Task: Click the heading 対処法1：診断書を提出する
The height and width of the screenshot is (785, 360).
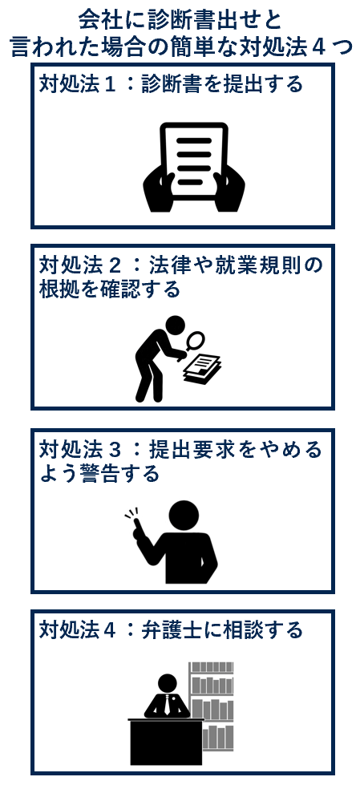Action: (172, 83)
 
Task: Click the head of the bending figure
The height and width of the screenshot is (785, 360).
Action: (176, 326)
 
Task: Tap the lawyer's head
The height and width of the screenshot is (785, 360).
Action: (168, 683)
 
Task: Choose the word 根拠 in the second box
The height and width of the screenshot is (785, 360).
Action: (59, 289)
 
